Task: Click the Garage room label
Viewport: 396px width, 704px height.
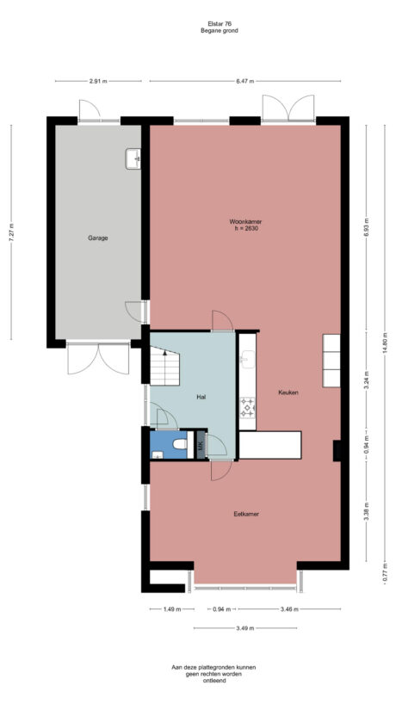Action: pos(97,238)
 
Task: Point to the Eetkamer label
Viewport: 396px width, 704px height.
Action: pos(246,514)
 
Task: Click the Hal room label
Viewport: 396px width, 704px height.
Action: pos(201,397)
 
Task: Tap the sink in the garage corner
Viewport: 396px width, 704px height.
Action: pos(133,158)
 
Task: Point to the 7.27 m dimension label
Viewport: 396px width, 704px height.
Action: pos(11,233)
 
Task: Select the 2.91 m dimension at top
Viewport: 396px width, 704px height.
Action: pos(97,81)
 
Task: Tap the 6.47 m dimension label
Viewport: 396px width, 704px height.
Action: pos(245,81)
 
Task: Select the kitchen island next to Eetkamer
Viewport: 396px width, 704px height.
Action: pos(269,445)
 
